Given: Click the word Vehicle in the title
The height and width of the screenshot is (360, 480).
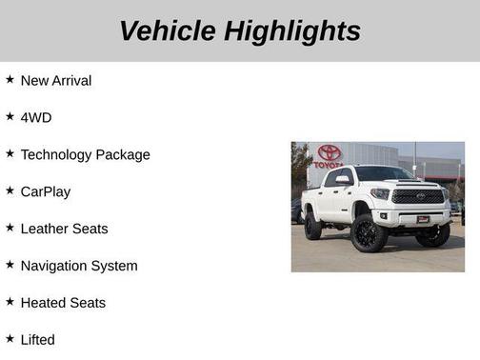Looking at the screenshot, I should click(x=167, y=30).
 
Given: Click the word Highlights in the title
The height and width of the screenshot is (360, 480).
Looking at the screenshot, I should click(x=292, y=30).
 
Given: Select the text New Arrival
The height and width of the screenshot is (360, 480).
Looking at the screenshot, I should click(x=56, y=81).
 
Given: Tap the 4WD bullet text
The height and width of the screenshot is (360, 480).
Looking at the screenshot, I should click(x=36, y=118).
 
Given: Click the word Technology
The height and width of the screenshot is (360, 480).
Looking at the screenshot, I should click(x=62, y=154).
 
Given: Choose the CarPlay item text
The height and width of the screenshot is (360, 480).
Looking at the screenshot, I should click(x=46, y=191).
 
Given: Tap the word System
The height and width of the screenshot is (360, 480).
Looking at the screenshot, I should click(x=118, y=266).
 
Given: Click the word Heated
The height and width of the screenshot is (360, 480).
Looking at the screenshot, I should click(x=43, y=303).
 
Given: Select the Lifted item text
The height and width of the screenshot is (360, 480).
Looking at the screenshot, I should click(x=38, y=340).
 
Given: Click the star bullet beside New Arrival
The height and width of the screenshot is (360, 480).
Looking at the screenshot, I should click(x=10, y=80).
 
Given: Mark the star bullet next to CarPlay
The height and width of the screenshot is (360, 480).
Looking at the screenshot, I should click(x=10, y=190).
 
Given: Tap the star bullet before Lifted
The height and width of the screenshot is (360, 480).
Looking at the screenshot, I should click(x=10, y=339).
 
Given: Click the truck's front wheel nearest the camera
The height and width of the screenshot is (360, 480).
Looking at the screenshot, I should click(x=369, y=233).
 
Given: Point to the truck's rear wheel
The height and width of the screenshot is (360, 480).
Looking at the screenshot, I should click(x=312, y=226).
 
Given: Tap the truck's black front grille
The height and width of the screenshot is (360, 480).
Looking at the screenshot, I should click(x=418, y=196).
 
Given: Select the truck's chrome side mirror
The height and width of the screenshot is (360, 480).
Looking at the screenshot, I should click(x=342, y=180).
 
